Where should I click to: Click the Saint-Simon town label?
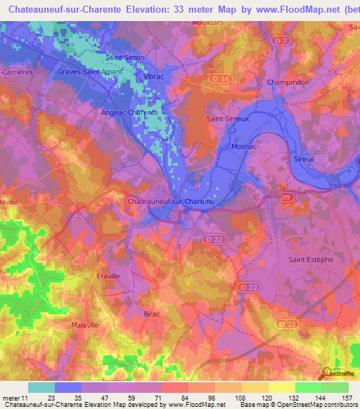tap(124, 57)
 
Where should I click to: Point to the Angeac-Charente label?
tap(129, 111)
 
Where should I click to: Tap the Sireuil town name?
tap(304, 160)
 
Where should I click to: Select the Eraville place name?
tap(109, 276)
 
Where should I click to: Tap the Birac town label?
tap(152, 313)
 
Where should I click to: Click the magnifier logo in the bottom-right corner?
tap(325, 374)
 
